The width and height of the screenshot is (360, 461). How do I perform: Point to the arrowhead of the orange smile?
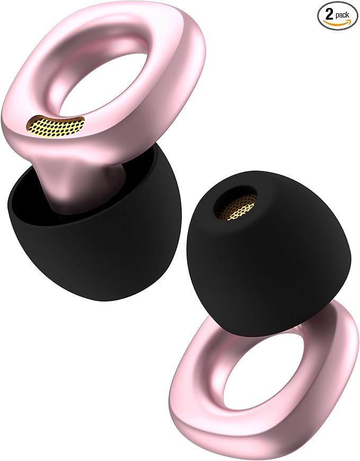click(x=347, y=21)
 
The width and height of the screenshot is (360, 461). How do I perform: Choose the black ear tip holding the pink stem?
click(x=106, y=255)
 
